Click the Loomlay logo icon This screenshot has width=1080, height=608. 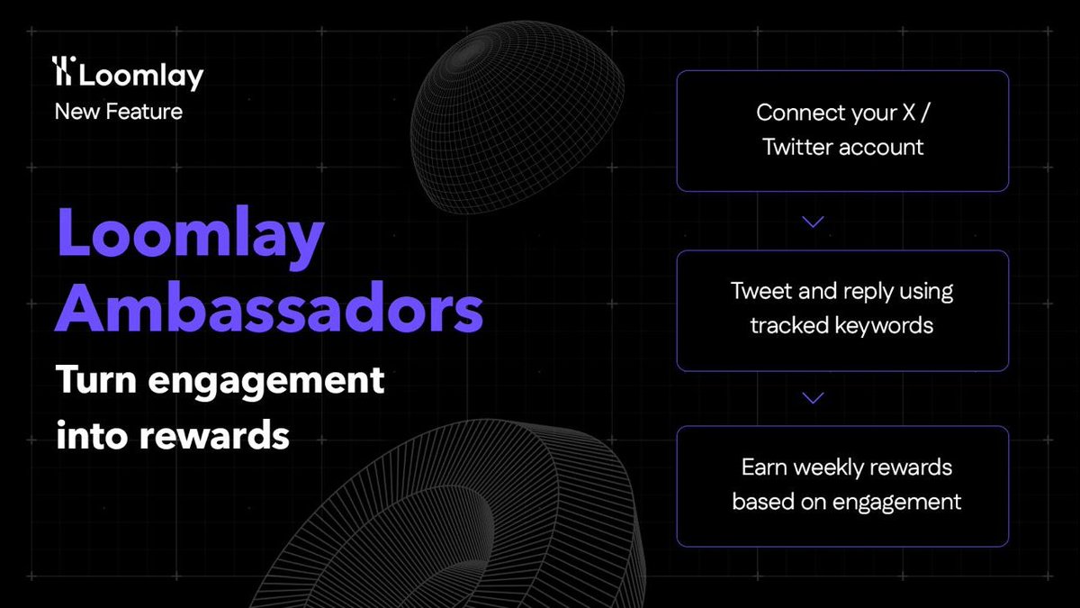point(65,73)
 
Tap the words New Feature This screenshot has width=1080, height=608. point(119,112)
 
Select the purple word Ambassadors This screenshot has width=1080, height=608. point(270,308)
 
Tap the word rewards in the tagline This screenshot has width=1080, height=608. point(216,436)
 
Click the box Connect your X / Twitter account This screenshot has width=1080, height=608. point(842,131)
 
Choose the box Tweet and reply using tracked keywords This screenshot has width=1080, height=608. point(842,309)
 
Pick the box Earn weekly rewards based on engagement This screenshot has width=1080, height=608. point(842,485)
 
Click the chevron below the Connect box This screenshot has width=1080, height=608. point(813,222)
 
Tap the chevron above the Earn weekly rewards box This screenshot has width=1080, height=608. point(813,397)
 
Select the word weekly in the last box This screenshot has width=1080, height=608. point(839,468)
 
